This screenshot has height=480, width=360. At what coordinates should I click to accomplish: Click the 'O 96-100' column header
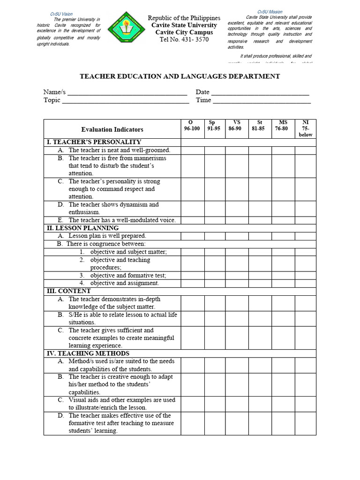[192, 126]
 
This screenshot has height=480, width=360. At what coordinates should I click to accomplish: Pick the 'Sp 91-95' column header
[214, 126]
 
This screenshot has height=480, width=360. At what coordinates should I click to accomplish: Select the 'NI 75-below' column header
[305, 128]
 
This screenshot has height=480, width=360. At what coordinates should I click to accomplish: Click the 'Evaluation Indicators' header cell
[112, 129]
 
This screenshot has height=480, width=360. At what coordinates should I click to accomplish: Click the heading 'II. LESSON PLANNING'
[82, 228]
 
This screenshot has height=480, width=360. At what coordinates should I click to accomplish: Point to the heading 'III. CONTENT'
[68, 291]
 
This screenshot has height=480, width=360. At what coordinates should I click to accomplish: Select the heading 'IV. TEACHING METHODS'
[88, 353]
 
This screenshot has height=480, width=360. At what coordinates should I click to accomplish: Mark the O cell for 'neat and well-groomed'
[192, 150]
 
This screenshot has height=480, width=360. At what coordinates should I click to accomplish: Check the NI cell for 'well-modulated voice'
[305, 220]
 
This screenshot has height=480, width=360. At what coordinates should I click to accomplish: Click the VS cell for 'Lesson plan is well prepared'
[237, 236]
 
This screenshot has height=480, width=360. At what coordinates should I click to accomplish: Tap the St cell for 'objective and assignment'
[260, 283]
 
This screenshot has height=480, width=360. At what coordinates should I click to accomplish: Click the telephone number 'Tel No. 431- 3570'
[184, 40]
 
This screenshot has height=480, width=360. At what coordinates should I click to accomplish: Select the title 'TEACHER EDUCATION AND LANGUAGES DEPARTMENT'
[180, 76]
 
